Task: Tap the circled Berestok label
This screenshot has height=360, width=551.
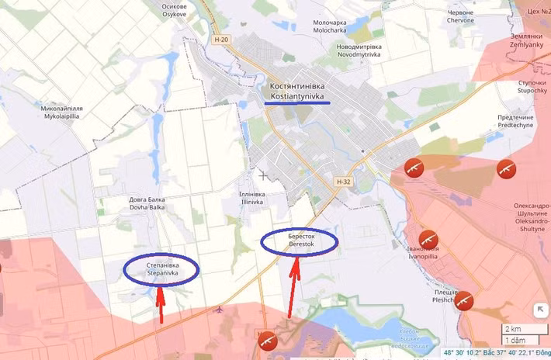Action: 299,241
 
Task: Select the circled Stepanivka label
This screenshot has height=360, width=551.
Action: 161,268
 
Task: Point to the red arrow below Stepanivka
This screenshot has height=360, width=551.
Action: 161,303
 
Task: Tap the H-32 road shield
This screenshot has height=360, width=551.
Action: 345,181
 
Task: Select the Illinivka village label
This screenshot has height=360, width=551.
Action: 253,198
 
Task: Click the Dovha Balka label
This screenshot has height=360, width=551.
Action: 147,203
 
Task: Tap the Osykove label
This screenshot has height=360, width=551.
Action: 174,10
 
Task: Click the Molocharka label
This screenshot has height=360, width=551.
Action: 334,27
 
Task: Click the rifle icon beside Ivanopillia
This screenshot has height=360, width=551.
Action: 428,238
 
